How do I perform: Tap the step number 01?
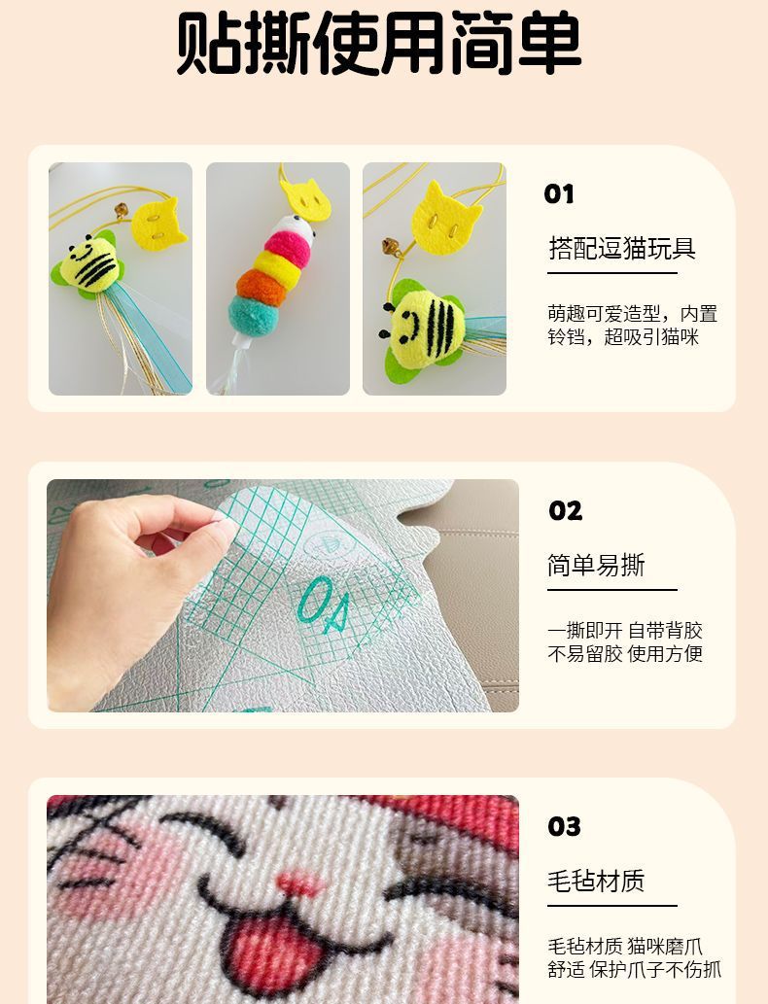point(559,194)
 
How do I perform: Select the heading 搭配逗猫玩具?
point(622,248)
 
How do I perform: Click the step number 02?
point(566,511)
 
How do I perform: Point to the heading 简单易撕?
point(596,565)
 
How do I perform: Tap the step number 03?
point(564,827)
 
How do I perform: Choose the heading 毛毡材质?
point(596,882)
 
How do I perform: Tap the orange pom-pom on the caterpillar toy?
point(262,287)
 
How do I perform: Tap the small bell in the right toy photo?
point(391,247)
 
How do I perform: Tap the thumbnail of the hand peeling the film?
point(283,596)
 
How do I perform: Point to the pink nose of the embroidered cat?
point(301,884)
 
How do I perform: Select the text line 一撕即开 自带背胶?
point(624,631)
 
